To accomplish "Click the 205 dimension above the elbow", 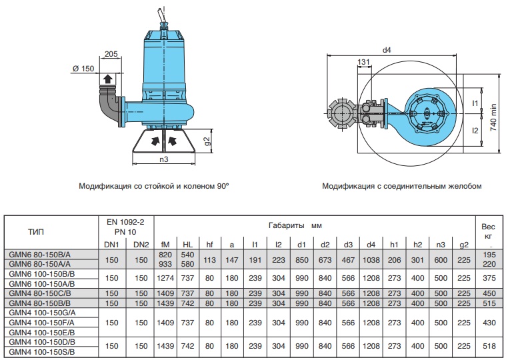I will tap(111, 54).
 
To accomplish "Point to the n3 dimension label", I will tap(163, 160).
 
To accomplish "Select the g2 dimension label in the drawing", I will tap(207, 141).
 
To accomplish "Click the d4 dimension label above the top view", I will tap(387, 50).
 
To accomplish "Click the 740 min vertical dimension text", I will tap(495, 117).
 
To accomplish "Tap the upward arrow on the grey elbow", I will tap(107, 80).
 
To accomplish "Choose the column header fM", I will tap(166, 245).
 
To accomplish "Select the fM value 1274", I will tap(166, 278).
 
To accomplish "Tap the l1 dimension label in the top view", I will tap(475, 103).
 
